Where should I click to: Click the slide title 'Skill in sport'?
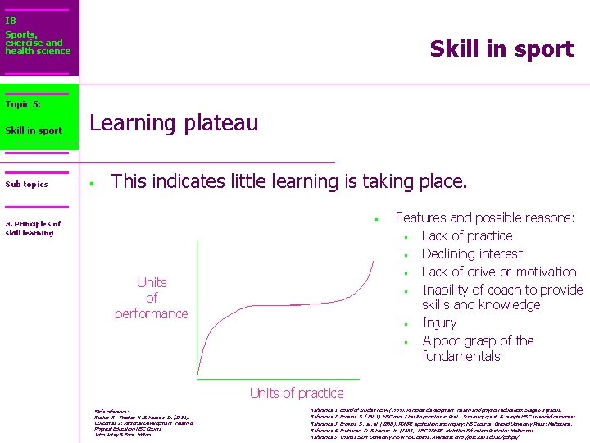[501, 49]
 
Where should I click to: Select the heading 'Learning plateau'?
[174, 124]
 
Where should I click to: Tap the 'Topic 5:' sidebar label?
[23, 104]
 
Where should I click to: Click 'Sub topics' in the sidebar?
[26, 185]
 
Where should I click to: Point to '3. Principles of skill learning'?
[33, 228]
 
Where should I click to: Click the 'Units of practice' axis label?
[296, 393]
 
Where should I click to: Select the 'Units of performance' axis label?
[152, 298]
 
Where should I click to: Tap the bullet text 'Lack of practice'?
[466, 236]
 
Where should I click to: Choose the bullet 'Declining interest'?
[471, 254]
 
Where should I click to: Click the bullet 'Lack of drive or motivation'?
[499, 272]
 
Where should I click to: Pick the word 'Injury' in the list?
[439, 323]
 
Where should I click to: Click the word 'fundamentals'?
[461, 356]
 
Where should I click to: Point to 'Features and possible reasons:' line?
[485, 218]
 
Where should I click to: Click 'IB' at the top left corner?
[10, 21]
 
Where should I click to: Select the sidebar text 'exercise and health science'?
[37, 47]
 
